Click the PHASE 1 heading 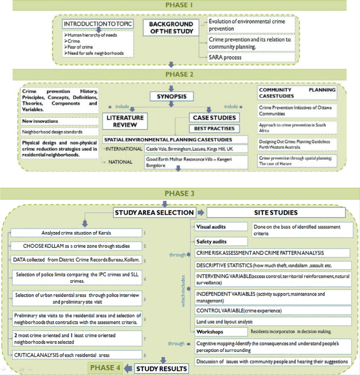(180, 5)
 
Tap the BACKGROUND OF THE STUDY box (170, 28)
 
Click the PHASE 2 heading (180, 74)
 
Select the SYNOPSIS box (170, 97)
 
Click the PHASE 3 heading (180, 193)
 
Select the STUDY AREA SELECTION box (154, 213)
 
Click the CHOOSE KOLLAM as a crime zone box (77, 245)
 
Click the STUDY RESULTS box (161, 368)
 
